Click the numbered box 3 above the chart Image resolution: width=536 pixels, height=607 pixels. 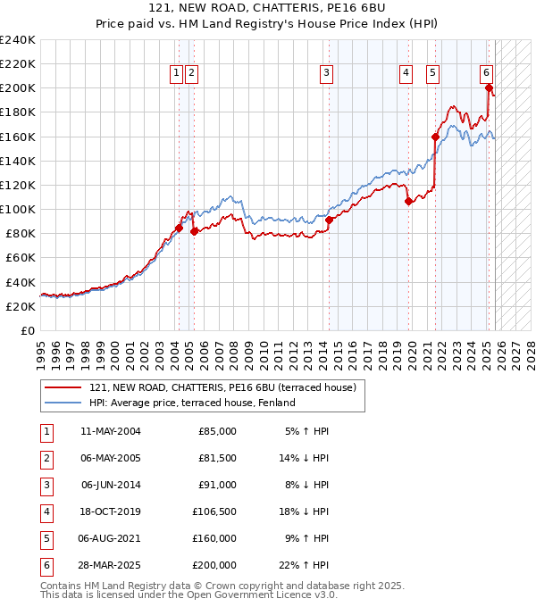327,73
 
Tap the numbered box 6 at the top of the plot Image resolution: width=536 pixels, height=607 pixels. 486,73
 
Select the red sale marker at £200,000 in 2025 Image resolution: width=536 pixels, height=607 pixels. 490,87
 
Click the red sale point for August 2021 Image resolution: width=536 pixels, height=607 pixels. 436,137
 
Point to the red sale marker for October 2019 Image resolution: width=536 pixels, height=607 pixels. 409,202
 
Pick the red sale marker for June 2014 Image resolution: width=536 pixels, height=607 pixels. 329,220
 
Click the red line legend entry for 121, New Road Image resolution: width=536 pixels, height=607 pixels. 222,387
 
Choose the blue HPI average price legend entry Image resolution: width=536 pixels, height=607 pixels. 192,403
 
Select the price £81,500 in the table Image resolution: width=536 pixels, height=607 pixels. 217,458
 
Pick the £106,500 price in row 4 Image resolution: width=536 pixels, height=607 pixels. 214,512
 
